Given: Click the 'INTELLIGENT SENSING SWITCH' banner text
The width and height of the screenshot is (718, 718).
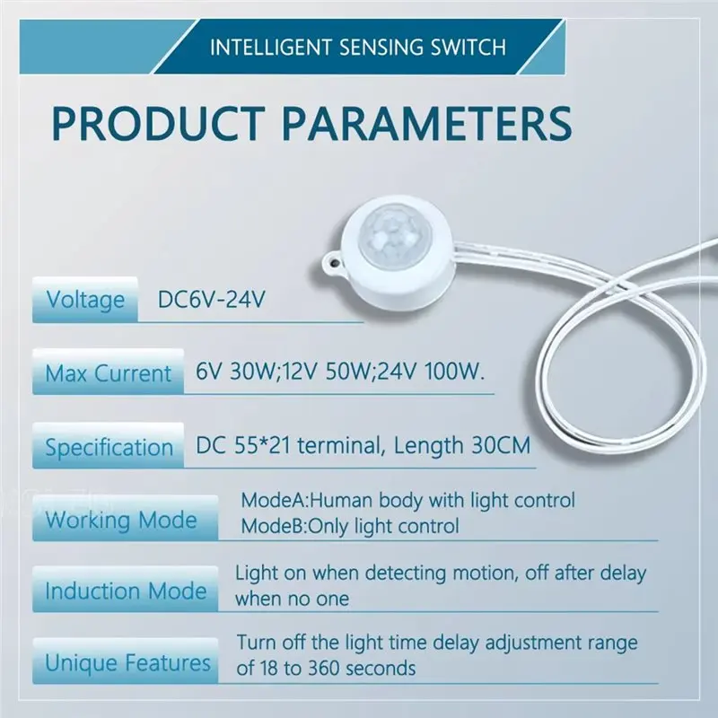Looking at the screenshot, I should pos(357,47).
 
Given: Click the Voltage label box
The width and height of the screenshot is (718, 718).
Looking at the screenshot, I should pos(84,300).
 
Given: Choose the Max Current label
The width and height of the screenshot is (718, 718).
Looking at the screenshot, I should pos(108,372).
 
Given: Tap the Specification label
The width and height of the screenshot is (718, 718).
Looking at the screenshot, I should pos(109,446).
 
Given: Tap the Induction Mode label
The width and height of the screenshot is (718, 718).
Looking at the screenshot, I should pos(125,591).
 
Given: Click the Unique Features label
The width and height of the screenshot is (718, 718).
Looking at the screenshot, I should pos(127,664).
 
